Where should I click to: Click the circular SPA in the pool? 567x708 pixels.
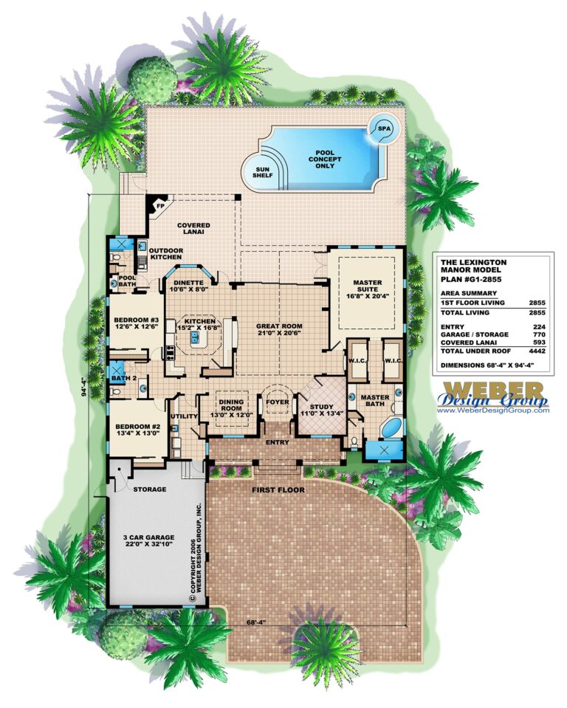coord(384,128)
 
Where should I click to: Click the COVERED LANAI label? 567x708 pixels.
coord(193,229)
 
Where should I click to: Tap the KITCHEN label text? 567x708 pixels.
coord(199,322)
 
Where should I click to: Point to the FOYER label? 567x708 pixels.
coord(278,402)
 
